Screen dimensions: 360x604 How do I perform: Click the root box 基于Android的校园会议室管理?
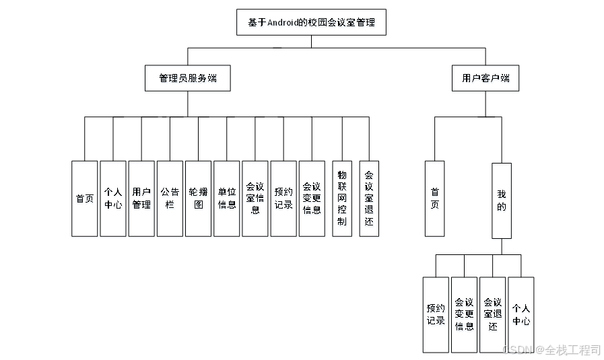pos(311,23)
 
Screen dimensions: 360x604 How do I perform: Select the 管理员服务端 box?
pos(188,78)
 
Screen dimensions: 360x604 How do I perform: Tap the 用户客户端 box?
pos(485,78)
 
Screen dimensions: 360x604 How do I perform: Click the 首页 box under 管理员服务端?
pos(85,199)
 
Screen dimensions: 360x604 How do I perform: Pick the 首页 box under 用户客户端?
pos(434,199)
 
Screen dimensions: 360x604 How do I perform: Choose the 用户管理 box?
pos(141,199)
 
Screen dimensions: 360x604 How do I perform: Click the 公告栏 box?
pos(170,199)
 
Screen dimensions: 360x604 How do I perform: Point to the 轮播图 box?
pos(198,199)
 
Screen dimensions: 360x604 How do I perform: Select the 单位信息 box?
pos(227,199)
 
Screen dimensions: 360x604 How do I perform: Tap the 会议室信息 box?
pos(255,199)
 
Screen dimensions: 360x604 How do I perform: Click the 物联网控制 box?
pos(342,199)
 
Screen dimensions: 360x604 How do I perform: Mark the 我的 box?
pos(501,201)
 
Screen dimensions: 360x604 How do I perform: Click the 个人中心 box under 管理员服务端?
pos(113,199)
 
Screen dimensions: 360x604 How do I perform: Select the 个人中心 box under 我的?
pos(521,314)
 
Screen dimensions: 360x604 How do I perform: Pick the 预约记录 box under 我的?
pos(436,314)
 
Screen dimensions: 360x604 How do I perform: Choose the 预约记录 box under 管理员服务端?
pos(283,199)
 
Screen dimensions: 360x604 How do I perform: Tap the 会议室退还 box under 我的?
pos(493,314)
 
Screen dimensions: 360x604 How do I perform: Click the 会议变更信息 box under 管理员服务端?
pos(312,199)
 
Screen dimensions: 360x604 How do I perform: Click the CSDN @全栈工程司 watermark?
pos(551,350)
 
